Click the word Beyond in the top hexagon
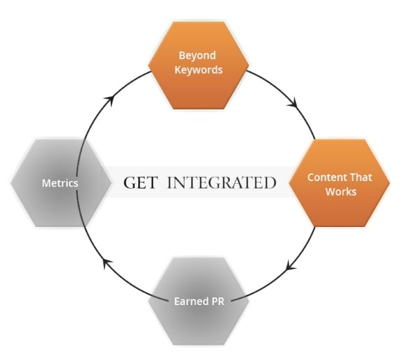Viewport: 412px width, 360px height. tap(197, 56)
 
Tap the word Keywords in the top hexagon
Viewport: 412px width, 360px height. tap(199, 70)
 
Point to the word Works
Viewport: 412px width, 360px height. tap(341, 191)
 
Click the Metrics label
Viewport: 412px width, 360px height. tap(60, 183)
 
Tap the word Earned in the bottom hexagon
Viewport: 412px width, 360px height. tap(191, 302)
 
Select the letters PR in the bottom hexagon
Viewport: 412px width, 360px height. tap(218, 302)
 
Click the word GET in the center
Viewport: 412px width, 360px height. tap(141, 182)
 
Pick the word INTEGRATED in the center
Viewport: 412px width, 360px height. tap(222, 182)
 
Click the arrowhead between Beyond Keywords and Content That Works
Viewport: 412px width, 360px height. tap(293, 102)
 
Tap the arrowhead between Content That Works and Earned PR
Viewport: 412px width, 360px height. tap(290, 265)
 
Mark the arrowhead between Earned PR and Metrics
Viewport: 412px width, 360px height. tap(107, 263)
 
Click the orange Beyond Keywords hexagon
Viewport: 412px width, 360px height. tap(199, 65)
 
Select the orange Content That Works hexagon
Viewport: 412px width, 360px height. tap(339, 183)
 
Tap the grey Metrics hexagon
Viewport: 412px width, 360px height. tap(61, 183)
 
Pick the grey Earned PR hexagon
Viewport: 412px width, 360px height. tap(199, 302)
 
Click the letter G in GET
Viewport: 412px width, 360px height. tap(129, 182)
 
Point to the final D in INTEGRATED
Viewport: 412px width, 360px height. tap(270, 182)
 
